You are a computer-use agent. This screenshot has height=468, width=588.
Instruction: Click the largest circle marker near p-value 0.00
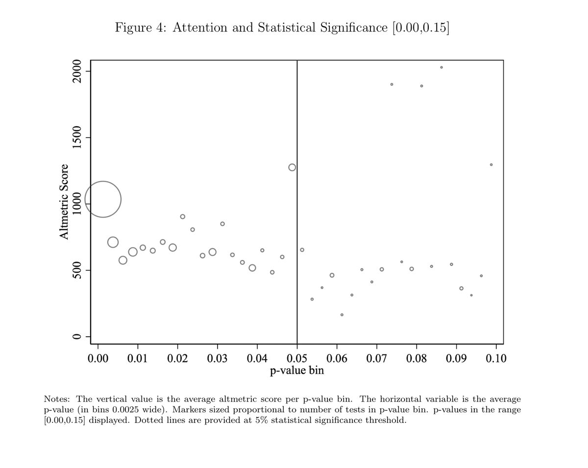point(103,199)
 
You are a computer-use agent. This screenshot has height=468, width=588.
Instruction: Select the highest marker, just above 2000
point(441,67)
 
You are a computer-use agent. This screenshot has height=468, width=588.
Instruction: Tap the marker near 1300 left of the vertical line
point(292,167)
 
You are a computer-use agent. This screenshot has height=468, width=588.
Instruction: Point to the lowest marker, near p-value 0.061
point(342,315)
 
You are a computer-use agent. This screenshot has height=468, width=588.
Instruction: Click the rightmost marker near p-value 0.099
point(491,164)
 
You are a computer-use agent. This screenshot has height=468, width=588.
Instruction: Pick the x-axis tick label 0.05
point(297,358)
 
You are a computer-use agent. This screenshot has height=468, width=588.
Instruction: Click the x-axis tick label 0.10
point(496,358)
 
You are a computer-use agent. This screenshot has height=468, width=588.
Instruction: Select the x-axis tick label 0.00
point(98,358)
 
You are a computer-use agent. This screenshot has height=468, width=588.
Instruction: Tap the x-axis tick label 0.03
point(217,358)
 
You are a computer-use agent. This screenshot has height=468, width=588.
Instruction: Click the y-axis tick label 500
point(76,270)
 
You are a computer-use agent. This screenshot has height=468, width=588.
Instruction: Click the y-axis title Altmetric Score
point(64,201)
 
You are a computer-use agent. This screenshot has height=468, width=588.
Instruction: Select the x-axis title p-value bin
point(297,370)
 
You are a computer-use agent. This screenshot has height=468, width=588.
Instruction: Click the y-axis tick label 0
point(76,337)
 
